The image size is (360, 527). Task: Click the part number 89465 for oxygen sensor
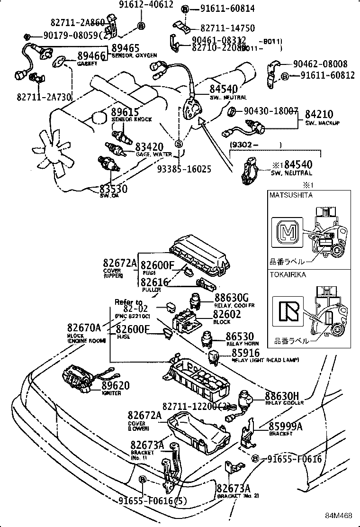click(126, 48)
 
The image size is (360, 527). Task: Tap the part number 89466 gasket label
click(91, 56)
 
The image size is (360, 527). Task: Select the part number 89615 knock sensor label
click(125, 112)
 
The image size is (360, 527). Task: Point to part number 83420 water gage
click(149, 147)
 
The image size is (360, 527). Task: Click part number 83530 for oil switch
click(113, 189)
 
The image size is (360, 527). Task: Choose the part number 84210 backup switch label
click(319, 114)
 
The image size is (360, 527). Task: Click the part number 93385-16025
click(184, 169)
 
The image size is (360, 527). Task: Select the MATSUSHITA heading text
click(291, 195)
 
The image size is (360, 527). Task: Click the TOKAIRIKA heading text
click(288, 274)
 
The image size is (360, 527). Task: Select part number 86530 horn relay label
click(240, 336)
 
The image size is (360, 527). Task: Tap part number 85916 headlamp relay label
click(245, 353)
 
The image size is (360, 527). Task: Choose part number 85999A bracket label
click(286, 426)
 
